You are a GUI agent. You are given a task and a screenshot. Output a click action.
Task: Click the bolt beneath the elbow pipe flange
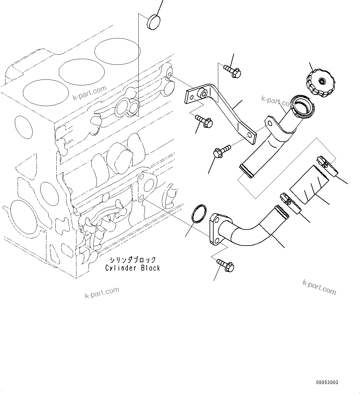coord(226,265)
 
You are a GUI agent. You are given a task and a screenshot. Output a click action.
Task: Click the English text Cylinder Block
coord(132,268)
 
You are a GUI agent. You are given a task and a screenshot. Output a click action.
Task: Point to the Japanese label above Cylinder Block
coord(132,260)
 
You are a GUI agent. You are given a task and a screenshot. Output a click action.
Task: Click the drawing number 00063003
coord(327,382)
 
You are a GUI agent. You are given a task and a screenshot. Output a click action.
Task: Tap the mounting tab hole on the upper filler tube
coord(270,123)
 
